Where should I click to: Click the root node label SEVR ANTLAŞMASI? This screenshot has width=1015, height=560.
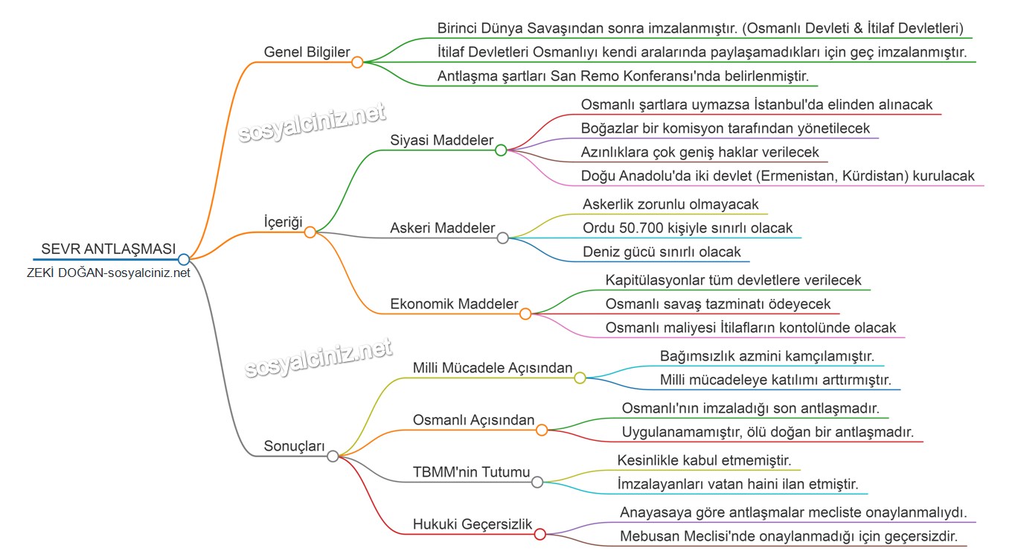[109, 249]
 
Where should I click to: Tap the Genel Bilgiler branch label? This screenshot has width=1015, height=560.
[307, 51]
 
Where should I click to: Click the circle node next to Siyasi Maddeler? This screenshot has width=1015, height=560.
[501, 150]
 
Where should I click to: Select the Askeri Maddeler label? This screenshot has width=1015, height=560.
[442, 228]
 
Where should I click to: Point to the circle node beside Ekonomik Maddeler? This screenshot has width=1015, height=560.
[525, 314]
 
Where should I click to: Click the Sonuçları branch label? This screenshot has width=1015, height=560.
[294, 446]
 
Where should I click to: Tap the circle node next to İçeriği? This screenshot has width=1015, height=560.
[310, 232]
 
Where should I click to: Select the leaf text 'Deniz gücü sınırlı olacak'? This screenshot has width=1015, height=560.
[662, 252]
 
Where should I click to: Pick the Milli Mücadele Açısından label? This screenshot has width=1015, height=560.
[493, 368]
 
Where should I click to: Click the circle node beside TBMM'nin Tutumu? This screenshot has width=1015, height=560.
[537, 482]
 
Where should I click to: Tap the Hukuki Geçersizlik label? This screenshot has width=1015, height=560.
[473, 524]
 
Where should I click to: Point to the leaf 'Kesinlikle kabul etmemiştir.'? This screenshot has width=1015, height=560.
[704, 459]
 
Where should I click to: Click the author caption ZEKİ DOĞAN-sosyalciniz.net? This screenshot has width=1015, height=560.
[109, 273]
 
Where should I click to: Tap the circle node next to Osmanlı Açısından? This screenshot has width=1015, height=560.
[542, 430]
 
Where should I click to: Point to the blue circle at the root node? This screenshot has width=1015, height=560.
[184, 259]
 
